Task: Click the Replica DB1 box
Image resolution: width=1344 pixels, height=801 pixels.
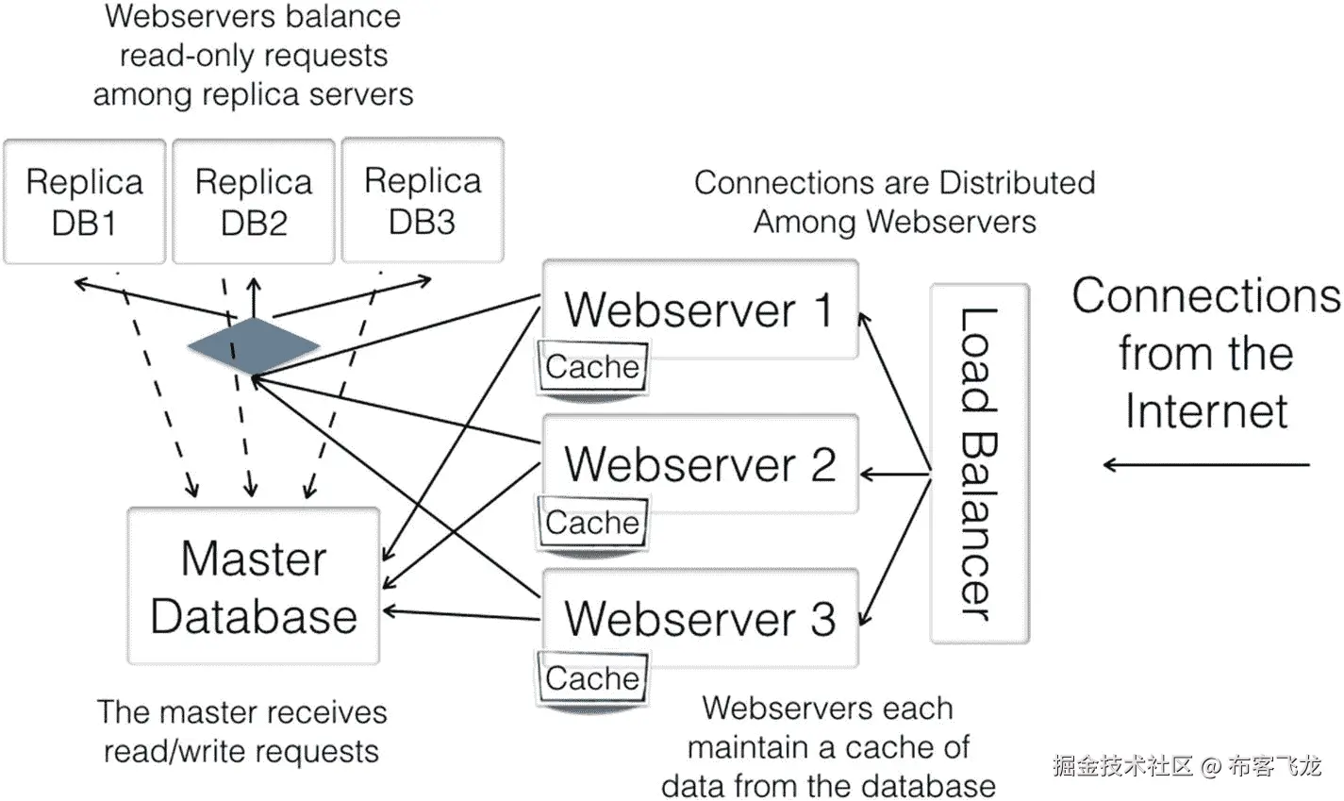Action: tap(84, 202)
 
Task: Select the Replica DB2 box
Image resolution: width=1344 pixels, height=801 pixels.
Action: tap(254, 202)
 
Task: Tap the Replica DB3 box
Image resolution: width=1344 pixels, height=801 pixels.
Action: tap(422, 201)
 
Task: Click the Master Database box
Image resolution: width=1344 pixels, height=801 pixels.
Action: tap(253, 586)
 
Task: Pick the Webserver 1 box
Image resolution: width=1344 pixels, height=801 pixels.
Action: tap(700, 309)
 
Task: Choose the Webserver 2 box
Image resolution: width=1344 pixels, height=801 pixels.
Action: tap(700, 464)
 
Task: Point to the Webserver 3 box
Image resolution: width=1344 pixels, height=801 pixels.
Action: tap(700, 618)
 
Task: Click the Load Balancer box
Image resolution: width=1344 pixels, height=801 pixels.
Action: tap(978, 463)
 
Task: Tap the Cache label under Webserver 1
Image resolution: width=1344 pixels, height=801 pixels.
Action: tap(592, 367)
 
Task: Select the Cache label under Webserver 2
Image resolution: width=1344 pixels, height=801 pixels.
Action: tap(592, 523)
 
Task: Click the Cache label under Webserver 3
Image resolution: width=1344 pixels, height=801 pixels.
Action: tap(592, 678)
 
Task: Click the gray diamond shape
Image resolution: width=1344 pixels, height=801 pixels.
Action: tap(253, 345)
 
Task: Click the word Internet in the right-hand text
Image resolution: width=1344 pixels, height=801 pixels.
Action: tap(1206, 411)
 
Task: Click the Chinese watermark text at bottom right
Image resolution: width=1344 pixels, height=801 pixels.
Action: tap(1186, 766)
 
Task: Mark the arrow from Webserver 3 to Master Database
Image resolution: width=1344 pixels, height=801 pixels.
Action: tap(462, 615)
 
